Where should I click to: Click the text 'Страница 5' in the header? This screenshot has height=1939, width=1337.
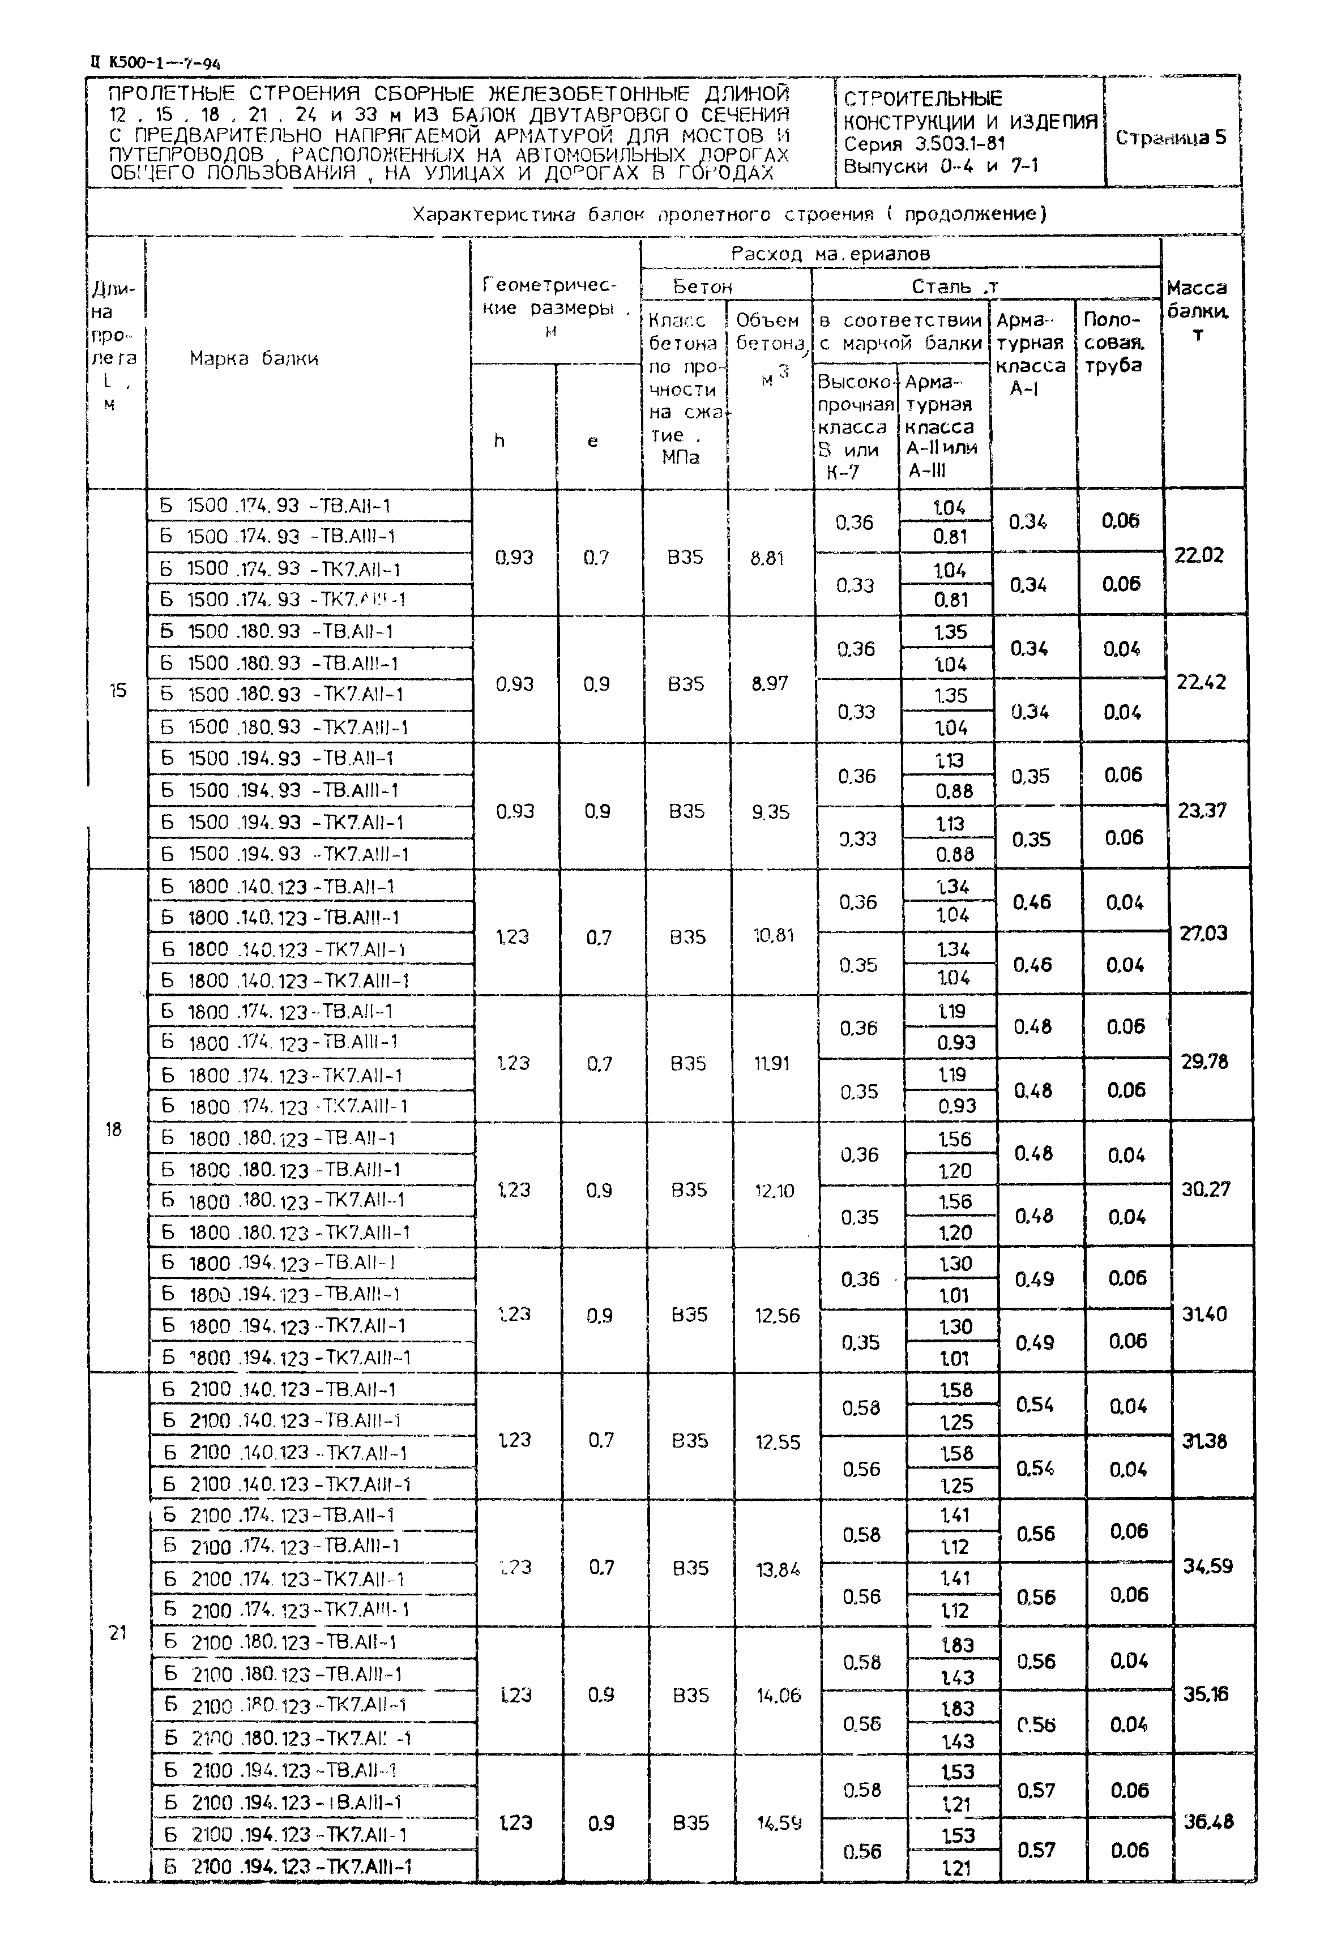pos(1171,138)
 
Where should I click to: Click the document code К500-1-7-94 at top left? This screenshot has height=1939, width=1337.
pos(155,62)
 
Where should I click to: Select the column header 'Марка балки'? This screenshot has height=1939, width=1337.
pos(253,358)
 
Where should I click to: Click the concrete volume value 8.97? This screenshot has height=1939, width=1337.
pos(770,683)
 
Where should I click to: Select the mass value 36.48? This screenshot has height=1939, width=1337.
pos(1208,1821)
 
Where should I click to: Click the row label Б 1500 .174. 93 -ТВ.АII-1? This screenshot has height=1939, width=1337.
pos(276,506)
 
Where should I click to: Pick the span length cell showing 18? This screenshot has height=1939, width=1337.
pos(113,1130)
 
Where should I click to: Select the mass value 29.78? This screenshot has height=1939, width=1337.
pos(1204,1061)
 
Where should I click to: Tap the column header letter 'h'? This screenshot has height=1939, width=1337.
pos(499,440)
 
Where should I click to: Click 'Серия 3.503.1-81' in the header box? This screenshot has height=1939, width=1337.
pos(924,143)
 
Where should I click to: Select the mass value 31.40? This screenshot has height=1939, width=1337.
pos(1204,1314)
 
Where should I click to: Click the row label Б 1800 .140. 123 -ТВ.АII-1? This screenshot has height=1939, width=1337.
pos(277,886)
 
